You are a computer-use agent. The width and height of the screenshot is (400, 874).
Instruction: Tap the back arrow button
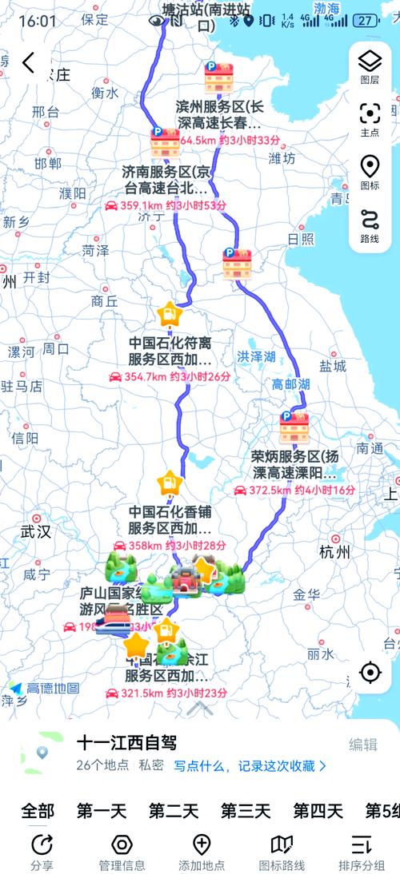tap(29, 62)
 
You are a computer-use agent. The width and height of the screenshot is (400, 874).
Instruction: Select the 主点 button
tap(370, 118)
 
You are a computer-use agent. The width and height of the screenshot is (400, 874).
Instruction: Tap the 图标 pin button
tap(370, 172)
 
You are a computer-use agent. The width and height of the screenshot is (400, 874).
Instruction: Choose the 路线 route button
tap(370, 225)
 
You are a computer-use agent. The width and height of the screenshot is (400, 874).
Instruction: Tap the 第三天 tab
tap(245, 811)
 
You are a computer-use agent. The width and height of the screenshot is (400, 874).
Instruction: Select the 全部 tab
tap(38, 811)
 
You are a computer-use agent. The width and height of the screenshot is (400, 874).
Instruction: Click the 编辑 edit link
tap(362, 744)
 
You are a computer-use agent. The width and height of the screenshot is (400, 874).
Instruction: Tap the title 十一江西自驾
tap(126, 743)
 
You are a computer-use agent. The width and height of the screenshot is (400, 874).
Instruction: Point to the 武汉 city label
tap(35, 531)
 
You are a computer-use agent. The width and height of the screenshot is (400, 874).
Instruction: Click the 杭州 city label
tap(334, 553)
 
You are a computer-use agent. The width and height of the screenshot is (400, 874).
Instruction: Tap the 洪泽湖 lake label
tap(255, 356)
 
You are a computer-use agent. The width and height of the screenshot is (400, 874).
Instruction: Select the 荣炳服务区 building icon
tap(294, 428)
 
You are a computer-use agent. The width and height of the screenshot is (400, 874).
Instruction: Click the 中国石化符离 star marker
tap(169, 314)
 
